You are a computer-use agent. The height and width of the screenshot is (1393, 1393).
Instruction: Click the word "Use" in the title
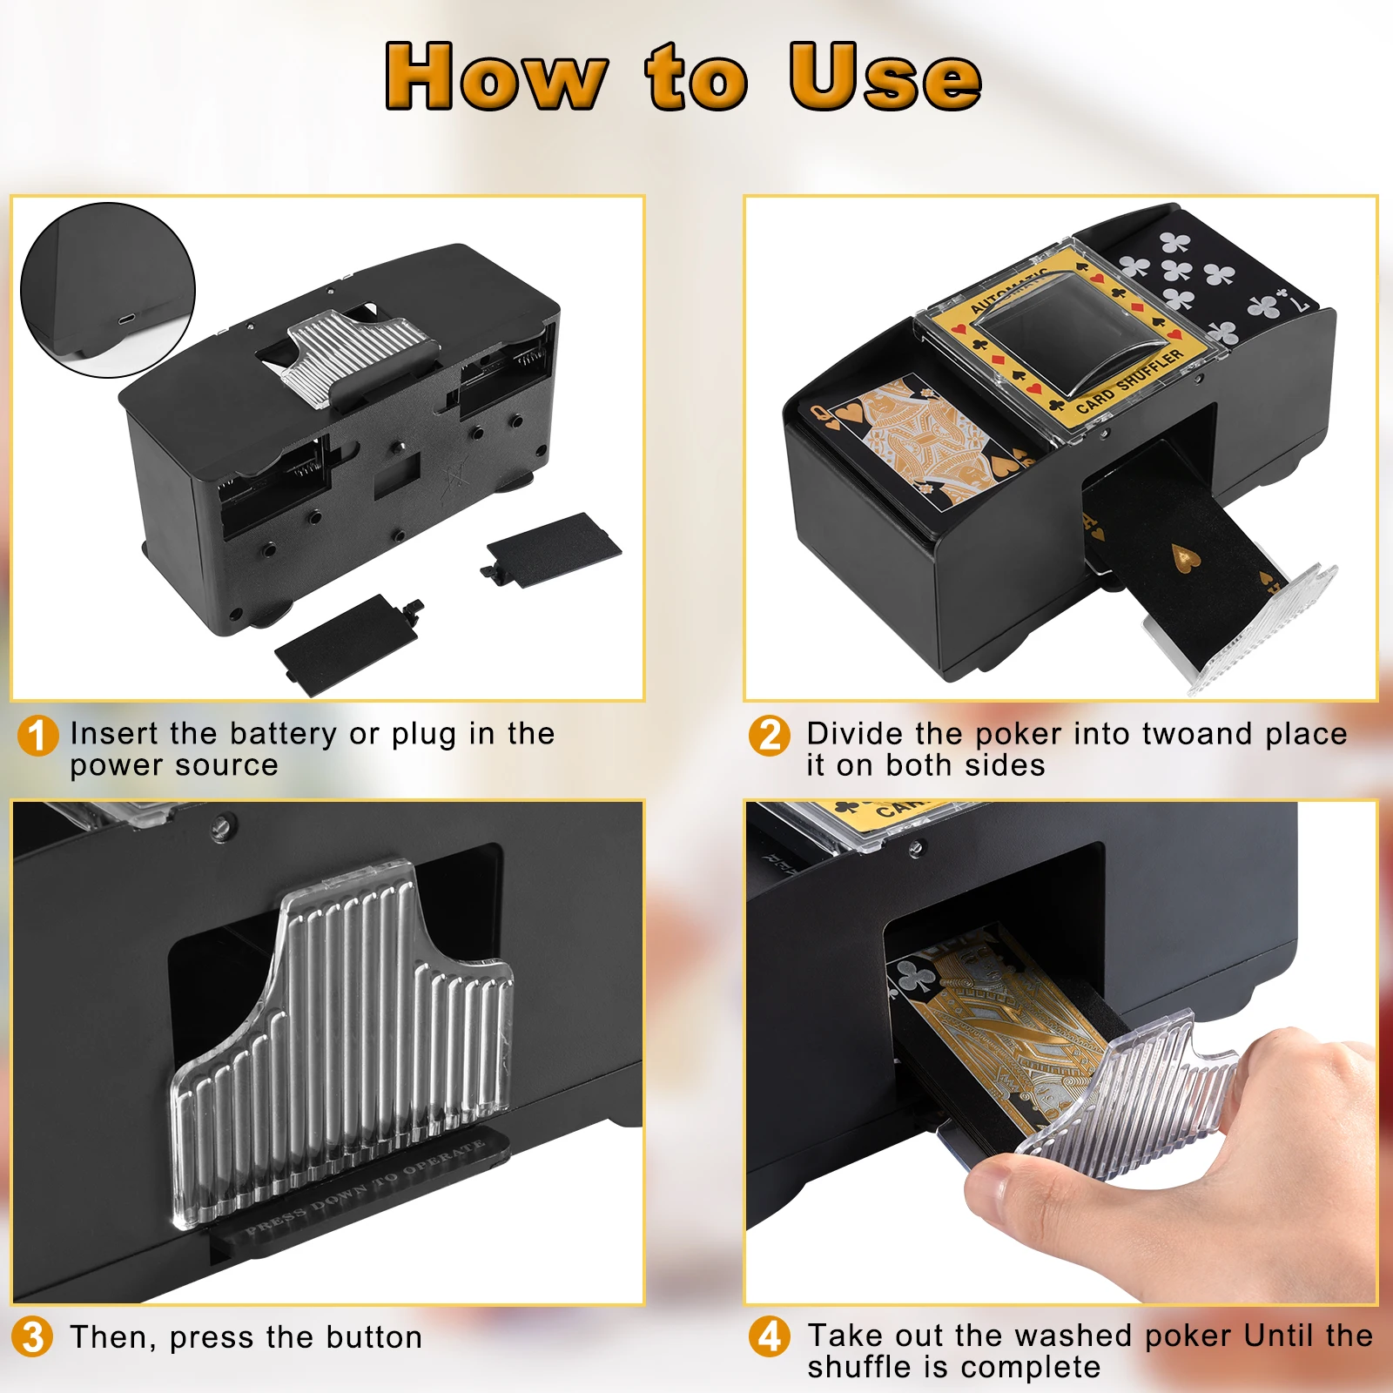click(x=885, y=77)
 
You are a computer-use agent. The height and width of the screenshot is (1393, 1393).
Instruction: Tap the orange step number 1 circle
click(x=37, y=737)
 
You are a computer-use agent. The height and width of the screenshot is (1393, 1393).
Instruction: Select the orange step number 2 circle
click(x=770, y=737)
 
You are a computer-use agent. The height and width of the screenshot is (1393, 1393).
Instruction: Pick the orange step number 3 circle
click(x=33, y=1336)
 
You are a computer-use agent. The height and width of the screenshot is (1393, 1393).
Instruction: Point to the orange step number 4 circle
click(x=770, y=1336)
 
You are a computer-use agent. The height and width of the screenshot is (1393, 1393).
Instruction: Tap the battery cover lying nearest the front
click(x=347, y=643)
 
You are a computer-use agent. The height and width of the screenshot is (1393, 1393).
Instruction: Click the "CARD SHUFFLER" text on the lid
click(x=1130, y=382)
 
